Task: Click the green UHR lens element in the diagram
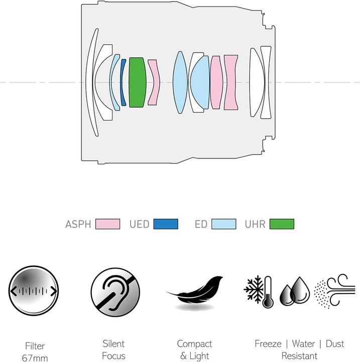tap(138, 82)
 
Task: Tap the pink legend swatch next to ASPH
tap(108, 224)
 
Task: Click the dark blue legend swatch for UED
tap(166, 224)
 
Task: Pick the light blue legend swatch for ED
tap(224, 224)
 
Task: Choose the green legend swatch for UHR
tap(282, 224)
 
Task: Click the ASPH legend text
tap(78, 224)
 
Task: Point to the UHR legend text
tap(255, 224)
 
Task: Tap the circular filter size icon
tap(34, 291)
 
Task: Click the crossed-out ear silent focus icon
tap(115, 292)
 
